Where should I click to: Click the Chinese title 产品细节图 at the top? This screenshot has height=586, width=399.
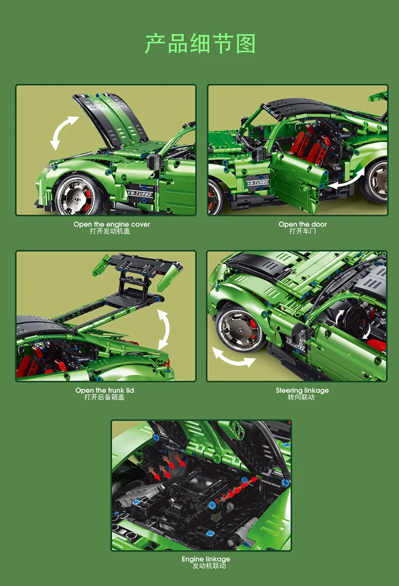199,44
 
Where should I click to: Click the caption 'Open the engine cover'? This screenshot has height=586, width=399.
112,225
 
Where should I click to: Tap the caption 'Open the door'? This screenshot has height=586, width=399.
303,225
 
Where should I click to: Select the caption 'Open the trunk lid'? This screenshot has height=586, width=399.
104,391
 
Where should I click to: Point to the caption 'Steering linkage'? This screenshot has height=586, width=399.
302,391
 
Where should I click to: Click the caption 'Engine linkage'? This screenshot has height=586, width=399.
206,559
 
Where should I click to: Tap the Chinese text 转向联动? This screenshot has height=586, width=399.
301,398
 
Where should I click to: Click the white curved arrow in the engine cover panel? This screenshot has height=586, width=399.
63,133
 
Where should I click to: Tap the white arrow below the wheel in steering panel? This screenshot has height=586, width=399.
234,357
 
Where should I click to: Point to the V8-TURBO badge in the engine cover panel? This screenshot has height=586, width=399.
140,194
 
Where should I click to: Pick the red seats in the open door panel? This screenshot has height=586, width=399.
307,142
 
